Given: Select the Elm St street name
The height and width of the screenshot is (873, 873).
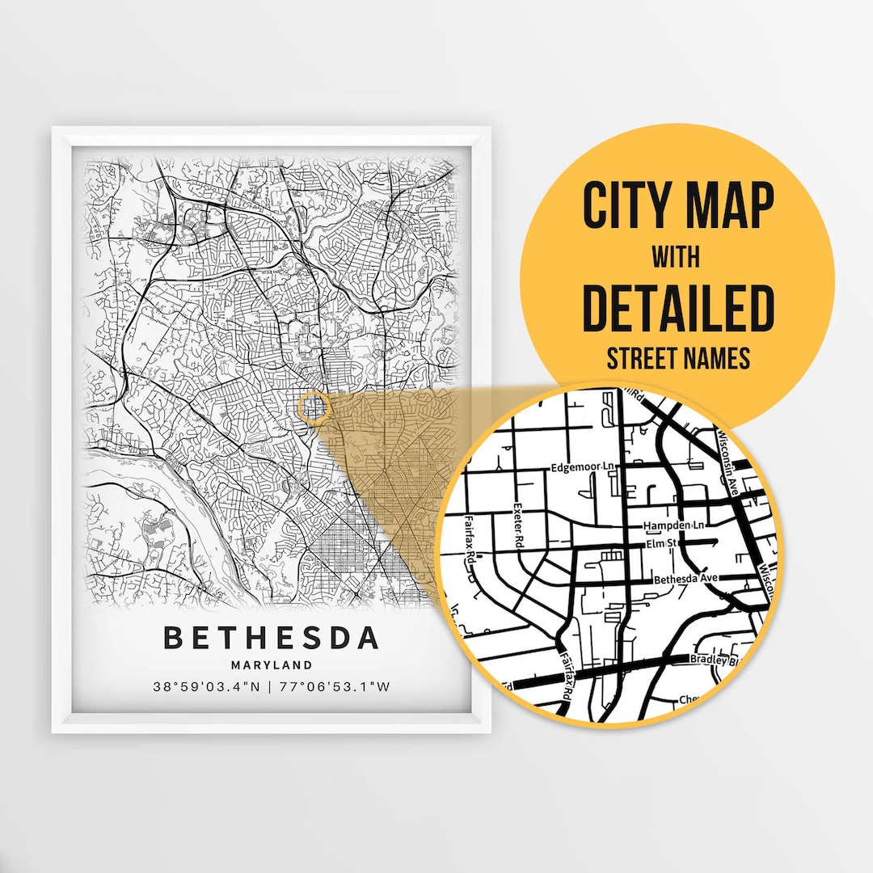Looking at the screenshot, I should (x=660, y=545).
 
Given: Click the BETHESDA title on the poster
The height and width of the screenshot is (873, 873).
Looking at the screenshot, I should (x=271, y=637).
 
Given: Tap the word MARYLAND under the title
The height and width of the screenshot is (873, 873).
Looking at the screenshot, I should (x=271, y=665).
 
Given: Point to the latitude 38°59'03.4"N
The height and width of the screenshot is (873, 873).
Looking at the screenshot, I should (x=206, y=688).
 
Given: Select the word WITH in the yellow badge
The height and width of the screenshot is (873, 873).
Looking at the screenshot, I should (x=677, y=259).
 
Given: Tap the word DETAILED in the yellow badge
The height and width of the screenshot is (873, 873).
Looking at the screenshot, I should (x=677, y=308).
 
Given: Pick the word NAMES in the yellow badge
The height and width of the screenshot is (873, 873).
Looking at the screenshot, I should (x=721, y=357).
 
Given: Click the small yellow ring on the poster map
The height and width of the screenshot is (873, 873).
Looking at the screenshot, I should (x=314, y=408).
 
